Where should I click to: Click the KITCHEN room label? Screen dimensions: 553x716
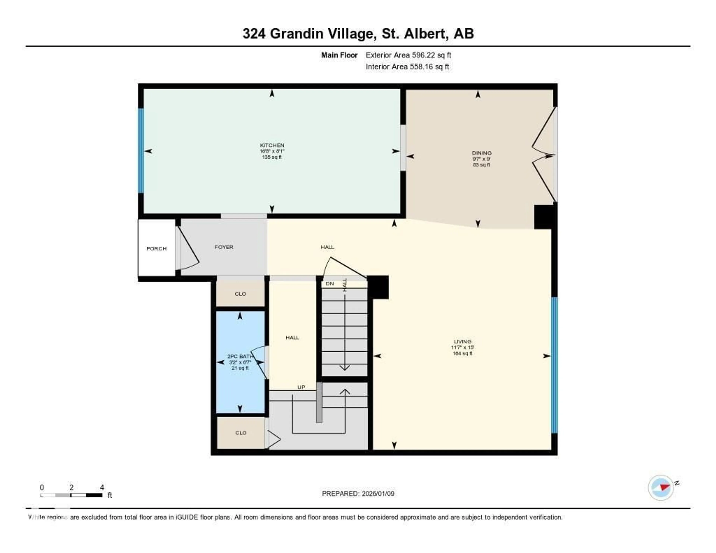272,145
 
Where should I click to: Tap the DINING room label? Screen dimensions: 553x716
481,153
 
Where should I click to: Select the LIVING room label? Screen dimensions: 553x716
462,341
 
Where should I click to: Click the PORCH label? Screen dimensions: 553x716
156,249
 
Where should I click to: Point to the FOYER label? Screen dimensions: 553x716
224,247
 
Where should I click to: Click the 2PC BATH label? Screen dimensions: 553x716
240,356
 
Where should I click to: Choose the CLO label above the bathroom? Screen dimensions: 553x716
240,294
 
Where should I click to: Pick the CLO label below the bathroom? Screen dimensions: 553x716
241,433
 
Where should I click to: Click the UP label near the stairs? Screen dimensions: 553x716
301,387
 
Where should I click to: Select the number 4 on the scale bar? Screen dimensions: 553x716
102,487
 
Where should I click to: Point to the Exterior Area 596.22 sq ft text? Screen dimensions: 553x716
408,55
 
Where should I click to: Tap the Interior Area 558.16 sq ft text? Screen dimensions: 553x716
407,67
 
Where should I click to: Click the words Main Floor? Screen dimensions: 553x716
339,55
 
